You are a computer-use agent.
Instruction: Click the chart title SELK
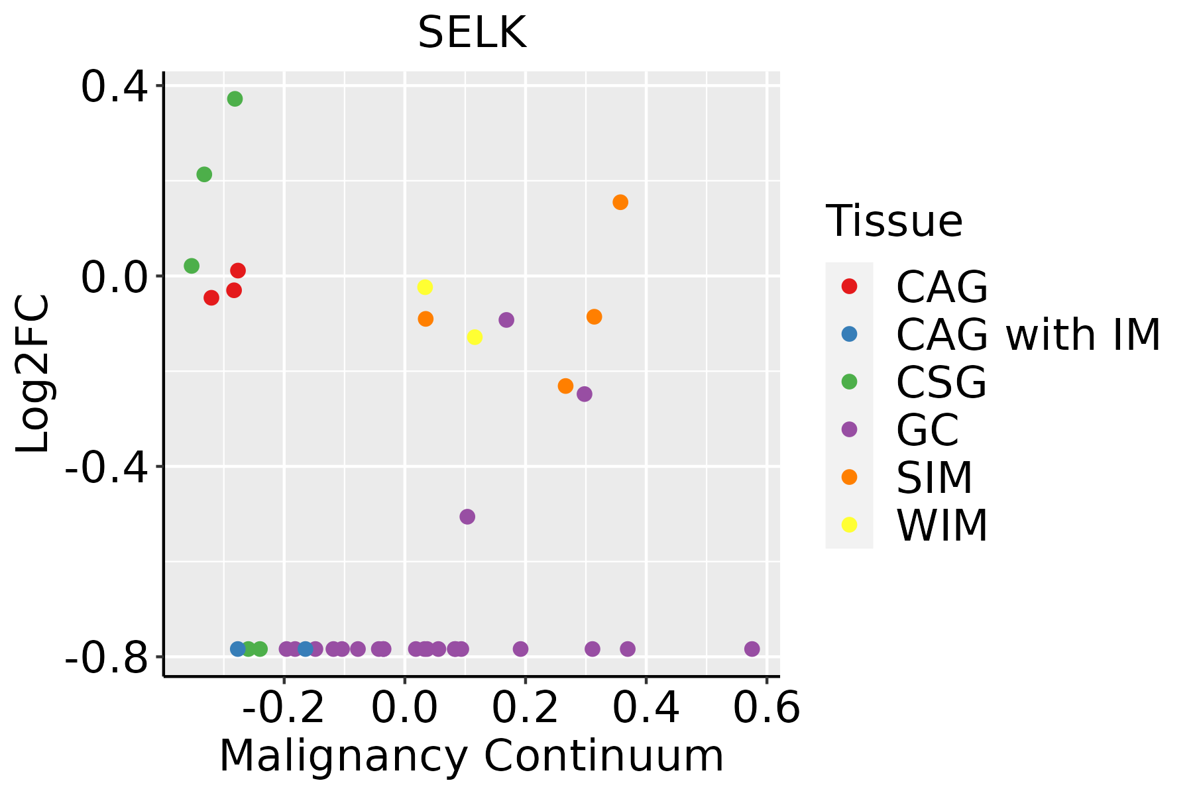(x=472, y=33)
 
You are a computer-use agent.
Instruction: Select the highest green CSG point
(x=235, y=99)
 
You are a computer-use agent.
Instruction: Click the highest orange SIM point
(x=620, y=202)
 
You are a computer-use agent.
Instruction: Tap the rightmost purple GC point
(x=752, y=649)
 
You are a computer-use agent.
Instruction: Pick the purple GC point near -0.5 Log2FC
(x=467, y=517)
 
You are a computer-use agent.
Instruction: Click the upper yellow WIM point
(x=425, y=287)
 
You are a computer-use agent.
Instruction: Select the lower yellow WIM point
(x=475, y=337)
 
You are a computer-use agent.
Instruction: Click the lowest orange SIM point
(x=565, y=386)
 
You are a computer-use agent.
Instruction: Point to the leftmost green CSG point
(x=192, y=266)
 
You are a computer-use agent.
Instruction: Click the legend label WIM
(x=941, y=525)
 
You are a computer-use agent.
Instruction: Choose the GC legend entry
(x=927, y=430)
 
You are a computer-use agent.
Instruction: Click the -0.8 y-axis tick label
(x=106, y=657)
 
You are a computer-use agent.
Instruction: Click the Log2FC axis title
(x=33, y=374)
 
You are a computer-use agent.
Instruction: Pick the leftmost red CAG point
(x=211, y=297)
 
